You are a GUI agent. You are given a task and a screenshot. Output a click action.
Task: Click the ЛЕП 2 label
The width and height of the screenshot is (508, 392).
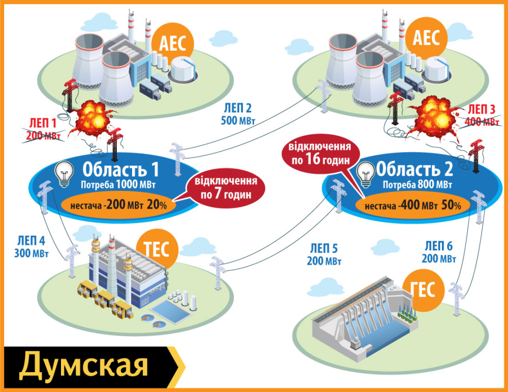tap(238, 108)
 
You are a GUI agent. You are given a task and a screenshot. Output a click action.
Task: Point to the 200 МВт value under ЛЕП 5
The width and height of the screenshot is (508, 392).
tap(324, 262)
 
